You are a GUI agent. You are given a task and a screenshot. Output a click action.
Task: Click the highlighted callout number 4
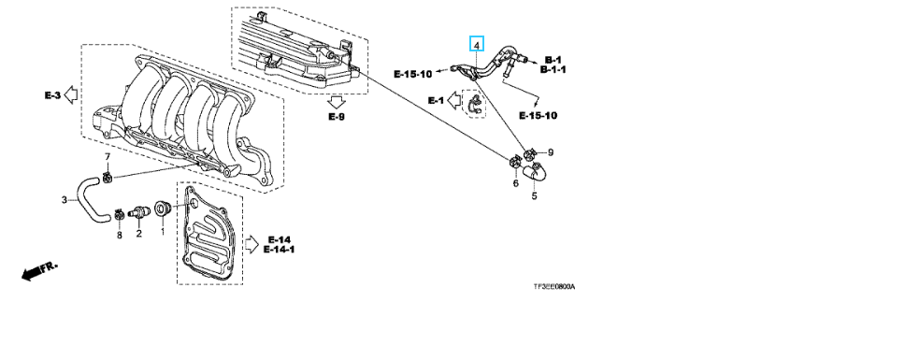(477, 44)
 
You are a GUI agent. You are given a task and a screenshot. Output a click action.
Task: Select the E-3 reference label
(52, 95)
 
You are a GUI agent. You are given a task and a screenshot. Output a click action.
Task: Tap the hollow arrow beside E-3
(71, 94)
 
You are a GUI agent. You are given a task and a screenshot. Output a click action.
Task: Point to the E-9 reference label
(337, 117)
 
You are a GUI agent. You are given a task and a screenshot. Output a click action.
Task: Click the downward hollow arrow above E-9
(336, 102)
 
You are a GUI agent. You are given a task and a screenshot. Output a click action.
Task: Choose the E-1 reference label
(436, 100)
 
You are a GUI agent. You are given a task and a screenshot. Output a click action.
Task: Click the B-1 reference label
(553, 60)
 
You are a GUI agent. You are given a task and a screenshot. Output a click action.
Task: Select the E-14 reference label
(280, 239)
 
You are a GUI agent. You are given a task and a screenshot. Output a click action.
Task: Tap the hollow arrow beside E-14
(252, 243)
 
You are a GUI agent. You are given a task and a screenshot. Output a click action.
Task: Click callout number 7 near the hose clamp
(107, 157)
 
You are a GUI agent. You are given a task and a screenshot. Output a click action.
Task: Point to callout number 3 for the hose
(65, 200)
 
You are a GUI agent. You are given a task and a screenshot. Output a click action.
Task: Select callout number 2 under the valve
(139, 233)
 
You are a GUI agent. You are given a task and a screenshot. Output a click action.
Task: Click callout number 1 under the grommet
(162, 232)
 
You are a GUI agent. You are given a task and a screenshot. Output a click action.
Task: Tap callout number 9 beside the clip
(551, 152)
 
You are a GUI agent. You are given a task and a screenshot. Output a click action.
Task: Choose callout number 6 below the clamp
(516, 183)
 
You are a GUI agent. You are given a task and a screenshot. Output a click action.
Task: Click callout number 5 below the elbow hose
(534, 196)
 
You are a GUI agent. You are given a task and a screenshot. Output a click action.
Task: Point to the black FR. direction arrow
(39, 271)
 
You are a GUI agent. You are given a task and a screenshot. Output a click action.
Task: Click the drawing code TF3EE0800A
(554, 287)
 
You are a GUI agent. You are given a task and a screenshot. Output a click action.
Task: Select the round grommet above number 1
(162, 209)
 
